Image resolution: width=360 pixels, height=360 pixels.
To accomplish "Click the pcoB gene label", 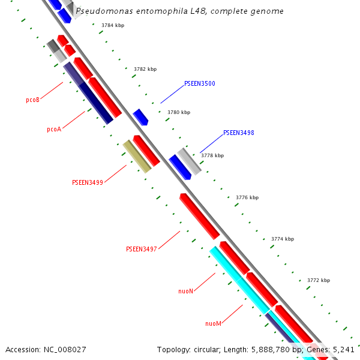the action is (32, 100).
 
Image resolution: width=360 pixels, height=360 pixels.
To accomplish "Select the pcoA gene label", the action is (54, 129).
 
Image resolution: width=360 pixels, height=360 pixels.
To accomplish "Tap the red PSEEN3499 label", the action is (88, 182).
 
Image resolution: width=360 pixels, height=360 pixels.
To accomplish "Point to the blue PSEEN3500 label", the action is (199, 84).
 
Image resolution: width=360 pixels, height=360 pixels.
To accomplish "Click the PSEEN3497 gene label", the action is (141, 249).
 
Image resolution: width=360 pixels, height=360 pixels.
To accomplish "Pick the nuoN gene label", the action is (185, 291).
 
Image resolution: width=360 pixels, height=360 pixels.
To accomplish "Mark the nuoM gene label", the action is (213, 324).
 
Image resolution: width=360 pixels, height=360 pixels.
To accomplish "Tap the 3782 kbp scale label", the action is (145, 70).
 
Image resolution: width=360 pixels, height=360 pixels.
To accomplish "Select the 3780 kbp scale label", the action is (179, 113).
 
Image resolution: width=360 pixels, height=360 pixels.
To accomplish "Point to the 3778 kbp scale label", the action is (212, 155).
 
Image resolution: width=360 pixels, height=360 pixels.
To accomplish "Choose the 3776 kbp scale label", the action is (247, 197).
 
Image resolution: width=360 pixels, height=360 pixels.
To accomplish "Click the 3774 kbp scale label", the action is (283, 239).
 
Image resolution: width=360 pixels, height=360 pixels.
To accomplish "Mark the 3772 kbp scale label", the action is (319, 280).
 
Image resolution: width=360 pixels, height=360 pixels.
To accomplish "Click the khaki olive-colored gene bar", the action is (137, 157).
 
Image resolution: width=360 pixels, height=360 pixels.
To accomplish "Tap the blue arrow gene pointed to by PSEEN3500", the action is (140, 117).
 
